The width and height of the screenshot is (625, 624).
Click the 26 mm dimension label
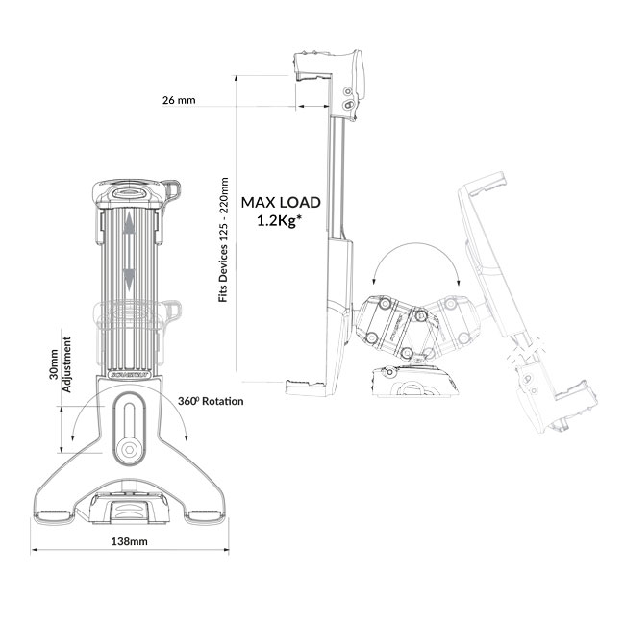tap(179, 100)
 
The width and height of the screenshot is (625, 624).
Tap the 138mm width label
tap(129, 541)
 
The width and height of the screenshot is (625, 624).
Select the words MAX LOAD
tap(281, 203)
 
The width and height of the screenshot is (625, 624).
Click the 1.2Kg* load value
tap(278, 221)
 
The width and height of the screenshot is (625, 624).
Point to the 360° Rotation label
tap(211, 401)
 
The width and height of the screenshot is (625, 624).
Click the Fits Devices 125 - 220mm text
tap(224, 239)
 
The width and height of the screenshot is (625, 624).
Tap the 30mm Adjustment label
tap(61, 364)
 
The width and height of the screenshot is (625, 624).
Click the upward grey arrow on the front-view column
tap(129, 223)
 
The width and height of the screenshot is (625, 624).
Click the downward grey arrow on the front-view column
tap(129, 280)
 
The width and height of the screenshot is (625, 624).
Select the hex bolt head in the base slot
tap(129, 449)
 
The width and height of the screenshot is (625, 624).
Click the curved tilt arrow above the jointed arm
tap(415, 261)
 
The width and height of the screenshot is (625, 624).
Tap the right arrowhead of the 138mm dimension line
tap(226, 550)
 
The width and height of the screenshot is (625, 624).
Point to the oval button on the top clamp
tap(129, 193)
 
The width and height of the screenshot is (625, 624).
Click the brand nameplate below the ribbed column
tap(129, 375)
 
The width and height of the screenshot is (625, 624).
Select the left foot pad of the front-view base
tap(55, 515)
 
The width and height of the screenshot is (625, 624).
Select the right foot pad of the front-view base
tap(205, 515)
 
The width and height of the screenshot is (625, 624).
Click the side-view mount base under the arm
tap(414, 382)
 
